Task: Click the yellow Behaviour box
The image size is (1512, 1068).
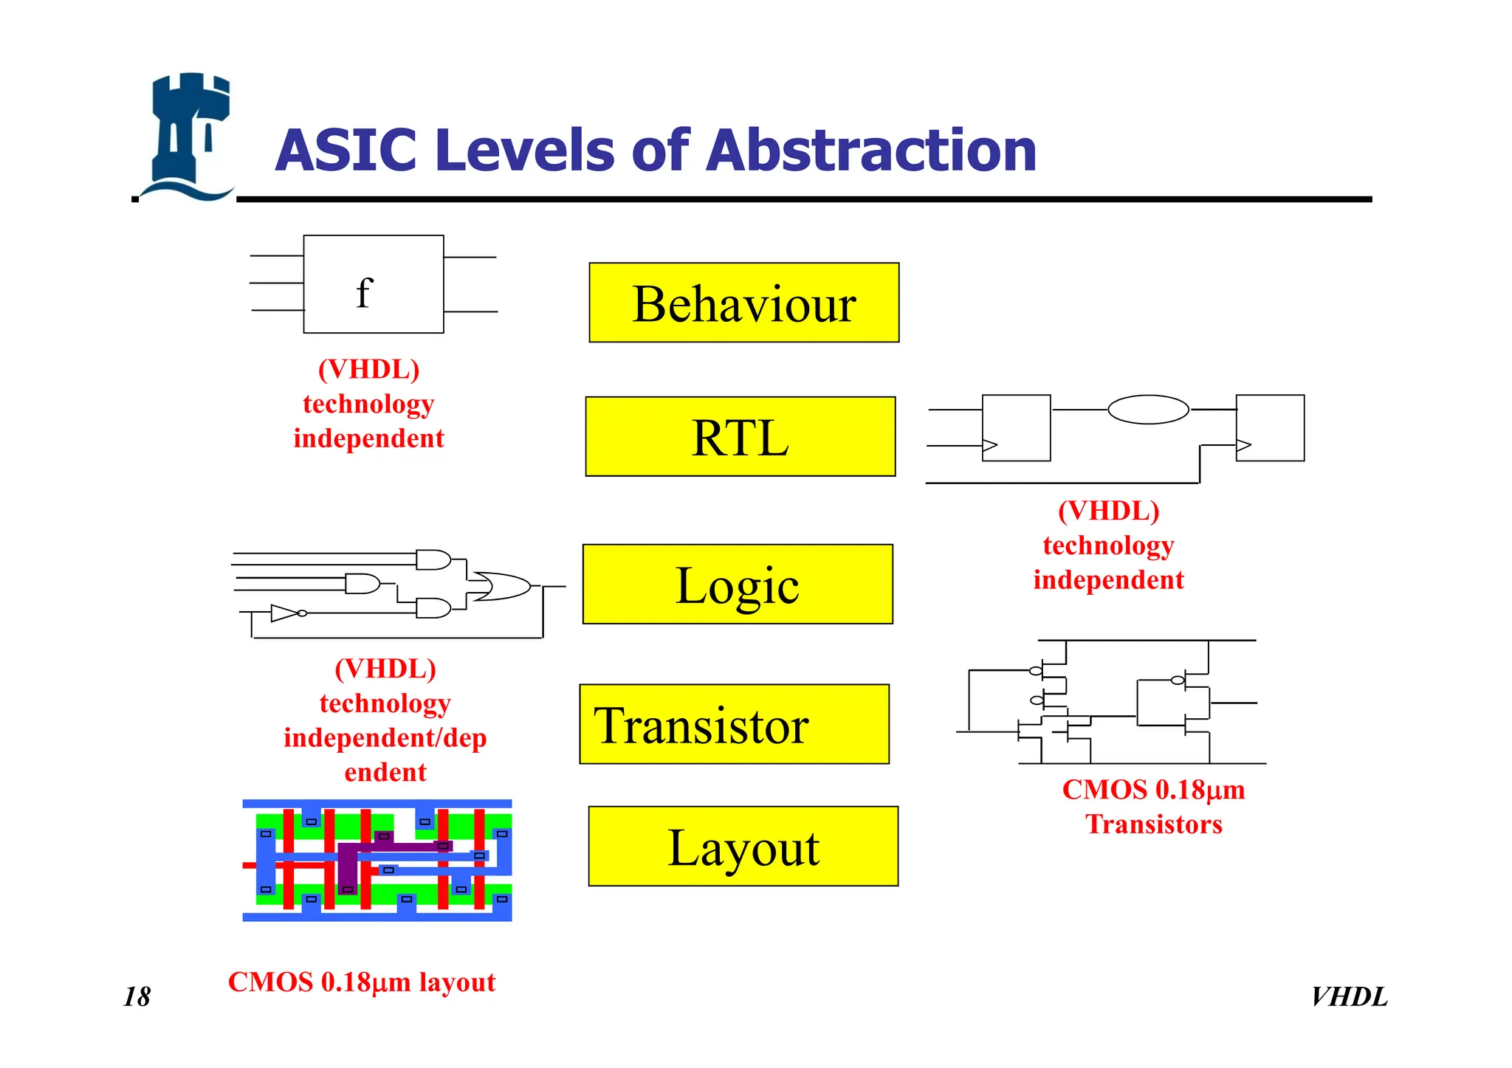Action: click(743, 303)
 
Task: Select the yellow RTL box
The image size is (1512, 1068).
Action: click(740, 437)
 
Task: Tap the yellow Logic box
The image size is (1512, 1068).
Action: click(737, 585)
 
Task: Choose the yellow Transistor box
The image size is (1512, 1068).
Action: click(734, 724)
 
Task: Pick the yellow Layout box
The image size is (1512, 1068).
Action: click(743, 846)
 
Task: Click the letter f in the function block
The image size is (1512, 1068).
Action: click(364, 292)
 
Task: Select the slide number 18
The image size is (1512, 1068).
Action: click(137, 996)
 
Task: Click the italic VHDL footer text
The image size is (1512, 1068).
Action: click(1349, 996)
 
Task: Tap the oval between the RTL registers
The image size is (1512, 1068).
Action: click(1148, 410)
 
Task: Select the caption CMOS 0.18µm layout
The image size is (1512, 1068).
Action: click(362, 982)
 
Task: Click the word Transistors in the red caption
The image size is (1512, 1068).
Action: click(1153, 824)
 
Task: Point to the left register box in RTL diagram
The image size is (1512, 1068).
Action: click(1016, 428)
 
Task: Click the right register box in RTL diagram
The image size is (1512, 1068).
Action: click(1270, 428)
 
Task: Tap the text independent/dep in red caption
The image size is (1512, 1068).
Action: click(385, 737)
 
